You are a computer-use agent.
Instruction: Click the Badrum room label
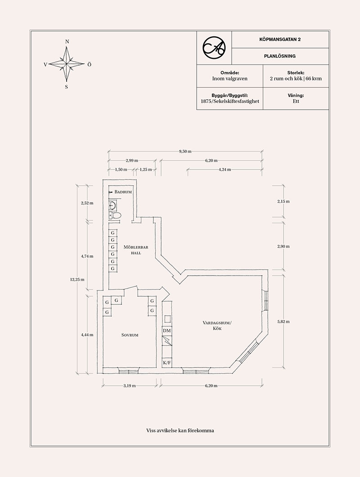pos(123,192)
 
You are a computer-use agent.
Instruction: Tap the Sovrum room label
pos(130,335)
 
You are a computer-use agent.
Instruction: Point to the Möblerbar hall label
pos(136,250)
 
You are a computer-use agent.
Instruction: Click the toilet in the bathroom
pos(115,216)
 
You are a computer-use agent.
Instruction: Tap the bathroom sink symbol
pos(112,206)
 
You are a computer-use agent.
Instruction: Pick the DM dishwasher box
pos(166,331)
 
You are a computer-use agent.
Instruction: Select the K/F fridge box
pos(166,363)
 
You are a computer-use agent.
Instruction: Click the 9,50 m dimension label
pos(185,151)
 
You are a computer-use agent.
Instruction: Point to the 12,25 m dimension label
pos(77,279)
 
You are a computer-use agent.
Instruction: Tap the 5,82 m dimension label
pos(283,321)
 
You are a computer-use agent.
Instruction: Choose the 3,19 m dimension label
pos(130,385)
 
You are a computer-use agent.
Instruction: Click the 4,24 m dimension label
pos(225,169)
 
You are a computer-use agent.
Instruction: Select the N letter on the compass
pos(67,42)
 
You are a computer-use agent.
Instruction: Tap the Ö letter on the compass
pos(89,64)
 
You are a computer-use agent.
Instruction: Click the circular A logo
pos(214,48)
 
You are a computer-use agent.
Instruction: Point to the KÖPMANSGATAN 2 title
pos(280,39)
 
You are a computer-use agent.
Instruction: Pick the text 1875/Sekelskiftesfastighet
pos(230,101)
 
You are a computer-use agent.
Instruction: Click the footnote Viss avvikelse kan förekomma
pos(180,430)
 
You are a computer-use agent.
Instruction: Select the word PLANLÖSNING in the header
pos(280,56)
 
